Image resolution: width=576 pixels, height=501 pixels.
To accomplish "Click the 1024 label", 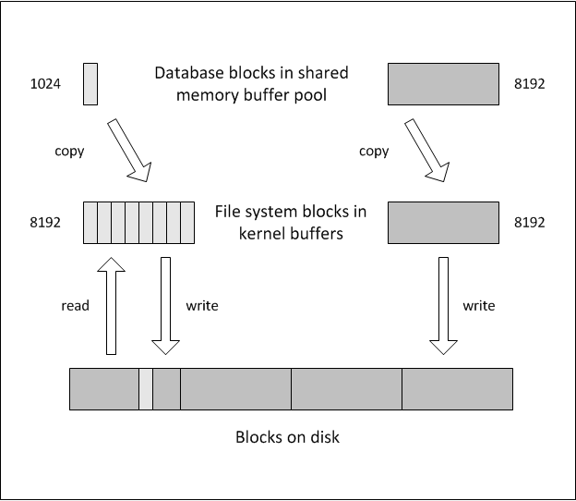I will click(x=45, y=84).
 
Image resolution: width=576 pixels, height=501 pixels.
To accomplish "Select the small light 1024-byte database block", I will click(x=90, y=83).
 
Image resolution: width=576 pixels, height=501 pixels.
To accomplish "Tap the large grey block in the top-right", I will click(x=443, y=83).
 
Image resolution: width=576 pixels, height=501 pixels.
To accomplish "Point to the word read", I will click(x=76, y=305).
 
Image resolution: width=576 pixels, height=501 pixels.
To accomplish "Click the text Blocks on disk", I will click(x=287, y=436).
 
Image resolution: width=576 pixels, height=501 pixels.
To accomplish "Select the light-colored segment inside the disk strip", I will click(x=146, y=388).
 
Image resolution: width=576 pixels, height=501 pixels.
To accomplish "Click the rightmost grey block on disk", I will click(x=457, y=388).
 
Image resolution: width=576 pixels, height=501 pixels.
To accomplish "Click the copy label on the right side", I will click(x=374, y=151).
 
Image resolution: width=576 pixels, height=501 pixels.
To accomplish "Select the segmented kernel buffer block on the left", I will click(x=138, y=223).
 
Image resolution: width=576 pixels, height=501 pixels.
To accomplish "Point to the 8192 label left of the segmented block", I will click(x=45, y=223).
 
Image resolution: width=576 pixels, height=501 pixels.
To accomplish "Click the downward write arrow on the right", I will click(x=443, y=305).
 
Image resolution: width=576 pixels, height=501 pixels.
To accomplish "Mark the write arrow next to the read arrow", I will click(x=165, y=305).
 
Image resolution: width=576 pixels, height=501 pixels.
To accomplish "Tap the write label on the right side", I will click(x=479, y=305).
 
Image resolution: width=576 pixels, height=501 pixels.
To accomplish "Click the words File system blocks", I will click(x=273, y=212).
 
